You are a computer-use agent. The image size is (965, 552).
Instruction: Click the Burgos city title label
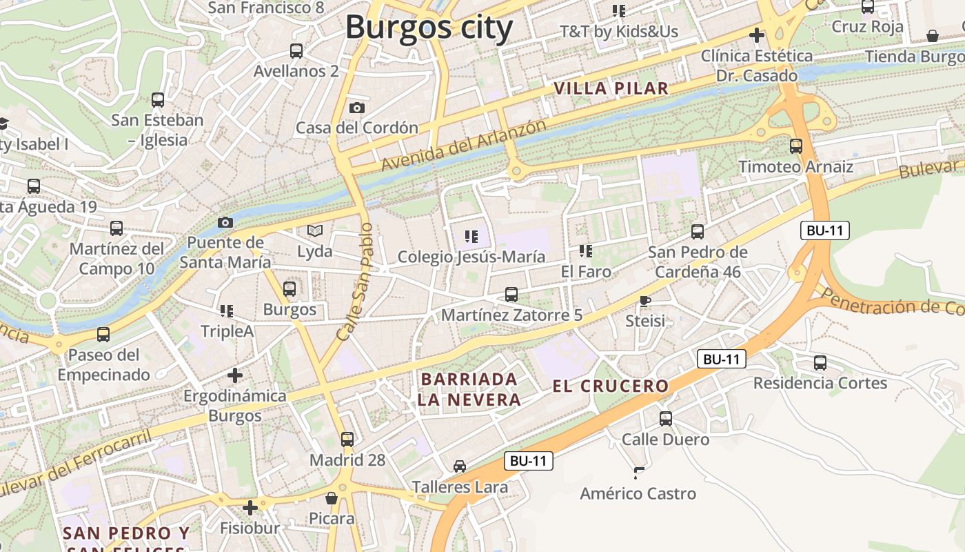(429, 28)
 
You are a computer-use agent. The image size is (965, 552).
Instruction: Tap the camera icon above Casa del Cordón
(357, 108)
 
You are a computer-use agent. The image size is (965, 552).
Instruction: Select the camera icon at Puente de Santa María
(225, 222)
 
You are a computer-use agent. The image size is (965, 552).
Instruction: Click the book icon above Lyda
(315, 230)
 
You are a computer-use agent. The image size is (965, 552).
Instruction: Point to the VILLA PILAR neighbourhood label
(611, 88)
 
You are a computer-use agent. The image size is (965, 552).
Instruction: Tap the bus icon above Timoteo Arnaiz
(796, 146)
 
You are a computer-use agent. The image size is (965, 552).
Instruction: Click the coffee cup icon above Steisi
(645, 300)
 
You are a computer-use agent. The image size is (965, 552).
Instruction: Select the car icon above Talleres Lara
(460, 466)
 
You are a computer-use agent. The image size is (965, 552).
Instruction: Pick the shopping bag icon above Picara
(332, 497)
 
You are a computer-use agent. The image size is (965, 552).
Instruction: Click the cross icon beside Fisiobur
(250, 508)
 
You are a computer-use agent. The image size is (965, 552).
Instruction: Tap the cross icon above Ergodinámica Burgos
(235, 375)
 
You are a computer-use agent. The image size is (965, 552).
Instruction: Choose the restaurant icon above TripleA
(227, 311)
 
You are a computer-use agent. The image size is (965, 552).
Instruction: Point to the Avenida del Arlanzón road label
(463, 146)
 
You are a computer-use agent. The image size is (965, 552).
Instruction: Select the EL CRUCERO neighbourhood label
(611, 386)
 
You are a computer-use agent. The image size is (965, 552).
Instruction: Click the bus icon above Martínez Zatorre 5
(511, 295)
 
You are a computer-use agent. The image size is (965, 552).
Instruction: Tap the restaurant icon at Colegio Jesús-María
(471, 237)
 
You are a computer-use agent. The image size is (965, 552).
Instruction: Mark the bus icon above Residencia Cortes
(820, 362)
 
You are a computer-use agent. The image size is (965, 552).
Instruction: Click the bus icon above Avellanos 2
(296, 50)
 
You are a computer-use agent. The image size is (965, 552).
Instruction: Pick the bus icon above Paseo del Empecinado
(103, 335)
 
